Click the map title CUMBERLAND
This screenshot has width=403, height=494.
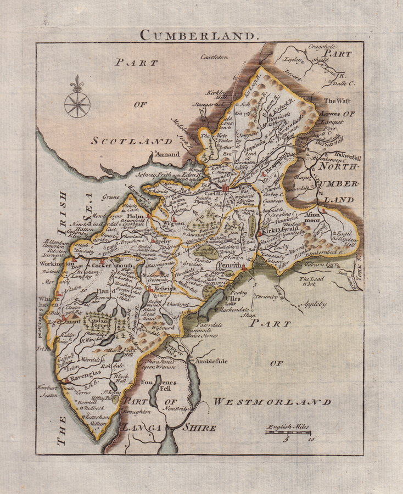[198, 35]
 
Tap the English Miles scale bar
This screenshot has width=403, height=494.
[289, 432]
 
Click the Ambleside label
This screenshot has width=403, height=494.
[214, 362]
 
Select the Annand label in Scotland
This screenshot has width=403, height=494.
[167, 154]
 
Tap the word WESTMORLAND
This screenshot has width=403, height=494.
[272, 402]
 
